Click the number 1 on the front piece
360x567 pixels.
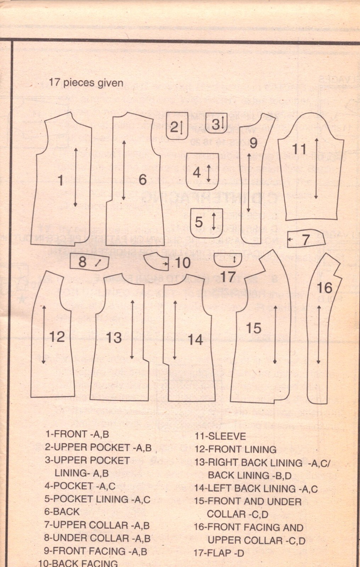61,181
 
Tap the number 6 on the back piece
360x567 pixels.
142,179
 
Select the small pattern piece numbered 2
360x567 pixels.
177,126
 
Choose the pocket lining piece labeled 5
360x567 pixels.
206,222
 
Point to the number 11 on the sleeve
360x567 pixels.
299,149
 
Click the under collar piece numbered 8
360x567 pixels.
89,262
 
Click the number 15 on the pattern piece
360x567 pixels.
253,329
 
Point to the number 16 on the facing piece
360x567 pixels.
324,288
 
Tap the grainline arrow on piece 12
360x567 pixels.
44,334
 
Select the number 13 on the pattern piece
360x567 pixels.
114,338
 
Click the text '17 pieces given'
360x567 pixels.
86,83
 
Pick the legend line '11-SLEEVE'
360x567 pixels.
220,436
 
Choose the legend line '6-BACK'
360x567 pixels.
62,512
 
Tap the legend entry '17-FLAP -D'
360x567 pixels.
219,553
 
